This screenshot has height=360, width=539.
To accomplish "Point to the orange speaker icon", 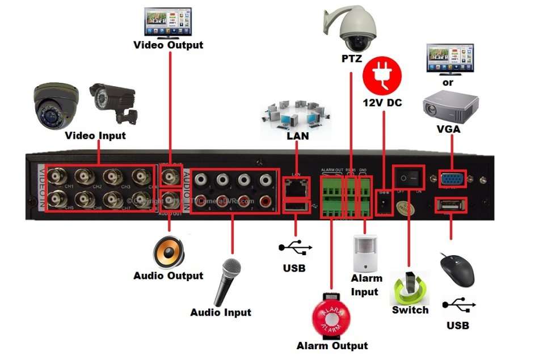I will [x=169, y=252].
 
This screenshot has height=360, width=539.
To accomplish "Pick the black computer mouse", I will [x=458, y=271].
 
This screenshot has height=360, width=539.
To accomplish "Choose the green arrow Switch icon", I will [x=410, y=288].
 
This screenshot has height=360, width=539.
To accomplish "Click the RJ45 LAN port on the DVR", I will [x=296, y=184].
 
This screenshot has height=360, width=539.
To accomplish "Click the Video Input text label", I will [x=95, y=135].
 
